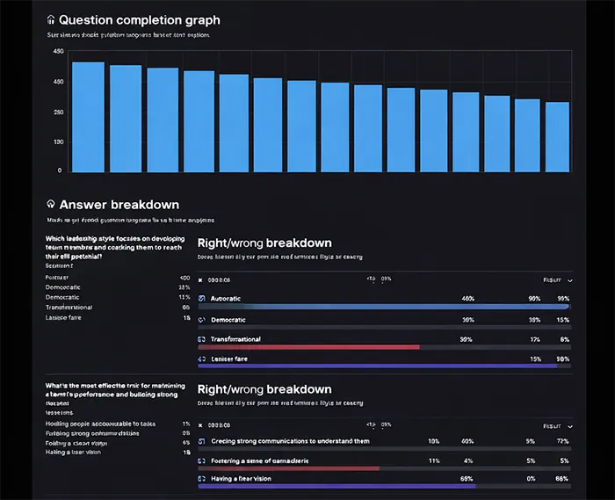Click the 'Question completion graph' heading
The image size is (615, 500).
pyautogui.click(x=139, y=19)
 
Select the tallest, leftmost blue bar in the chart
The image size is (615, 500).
pyautogui.click(x=88, y=116)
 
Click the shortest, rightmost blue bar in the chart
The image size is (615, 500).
pyautogui.click(x=557, y=136)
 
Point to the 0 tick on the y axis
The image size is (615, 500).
pyautogui.click(x=60, y=170)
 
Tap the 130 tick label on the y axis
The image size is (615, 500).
pyautogui.click(x=57, y=141)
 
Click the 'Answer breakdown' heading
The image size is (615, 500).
pyautogui.click(x=119, y=205)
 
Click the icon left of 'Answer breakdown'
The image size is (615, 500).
pyautogui.click(x=51, y=205)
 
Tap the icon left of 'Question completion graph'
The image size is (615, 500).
pyautogui.click(x=51, y=19)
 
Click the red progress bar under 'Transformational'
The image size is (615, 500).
pyautogui.click(x=308, y=347)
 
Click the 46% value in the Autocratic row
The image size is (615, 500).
pyautogui.click(x=467, y=299)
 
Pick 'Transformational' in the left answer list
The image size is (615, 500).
pyautogui.click(x=69, y=308)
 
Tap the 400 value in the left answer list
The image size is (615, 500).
pyautogui.click(x=184, y=278)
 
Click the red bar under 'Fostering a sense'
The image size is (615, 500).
pyautogui.click(x=289, y=468)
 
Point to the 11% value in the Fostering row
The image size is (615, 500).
pyautogui.click(x=433, y=460)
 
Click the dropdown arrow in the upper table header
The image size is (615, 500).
pyautogui.click(x=570, y=279)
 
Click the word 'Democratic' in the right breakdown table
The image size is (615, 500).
pyautogui.click(x=228, y=320)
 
